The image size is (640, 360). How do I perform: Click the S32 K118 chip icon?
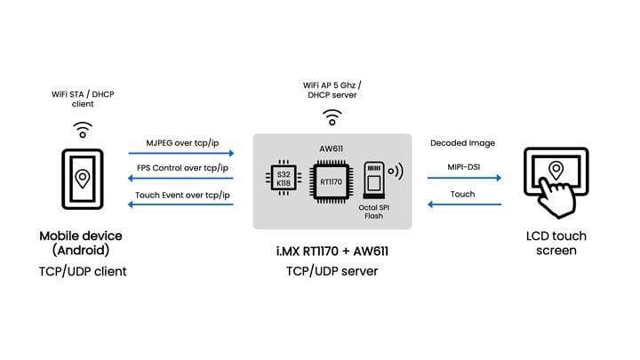click(284, 177)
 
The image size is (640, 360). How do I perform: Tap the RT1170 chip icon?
click(332, 180)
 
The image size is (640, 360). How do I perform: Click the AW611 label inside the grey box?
click(331, 149)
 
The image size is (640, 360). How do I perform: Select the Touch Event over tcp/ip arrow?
click(180, 204)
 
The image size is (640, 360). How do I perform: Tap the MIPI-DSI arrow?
click(464, 178)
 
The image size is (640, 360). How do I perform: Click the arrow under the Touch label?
click(464, 204)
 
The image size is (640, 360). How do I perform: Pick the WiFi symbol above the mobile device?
click(83, 130)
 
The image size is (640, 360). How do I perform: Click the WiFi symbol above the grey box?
click(332, 116)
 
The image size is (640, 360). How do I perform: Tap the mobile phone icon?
click(83, 183)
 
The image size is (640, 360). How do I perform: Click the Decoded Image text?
click(462, 142)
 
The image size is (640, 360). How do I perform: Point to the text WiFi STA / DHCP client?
click(83, 99)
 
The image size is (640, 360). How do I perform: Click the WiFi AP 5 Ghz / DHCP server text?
click(332, 91)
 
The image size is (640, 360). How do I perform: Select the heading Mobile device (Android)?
click(83, 244)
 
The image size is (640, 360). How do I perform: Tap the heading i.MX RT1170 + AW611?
click(332, 252)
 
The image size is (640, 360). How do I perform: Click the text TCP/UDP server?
click(332, 270)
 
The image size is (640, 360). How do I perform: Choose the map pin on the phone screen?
click(83, 179)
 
